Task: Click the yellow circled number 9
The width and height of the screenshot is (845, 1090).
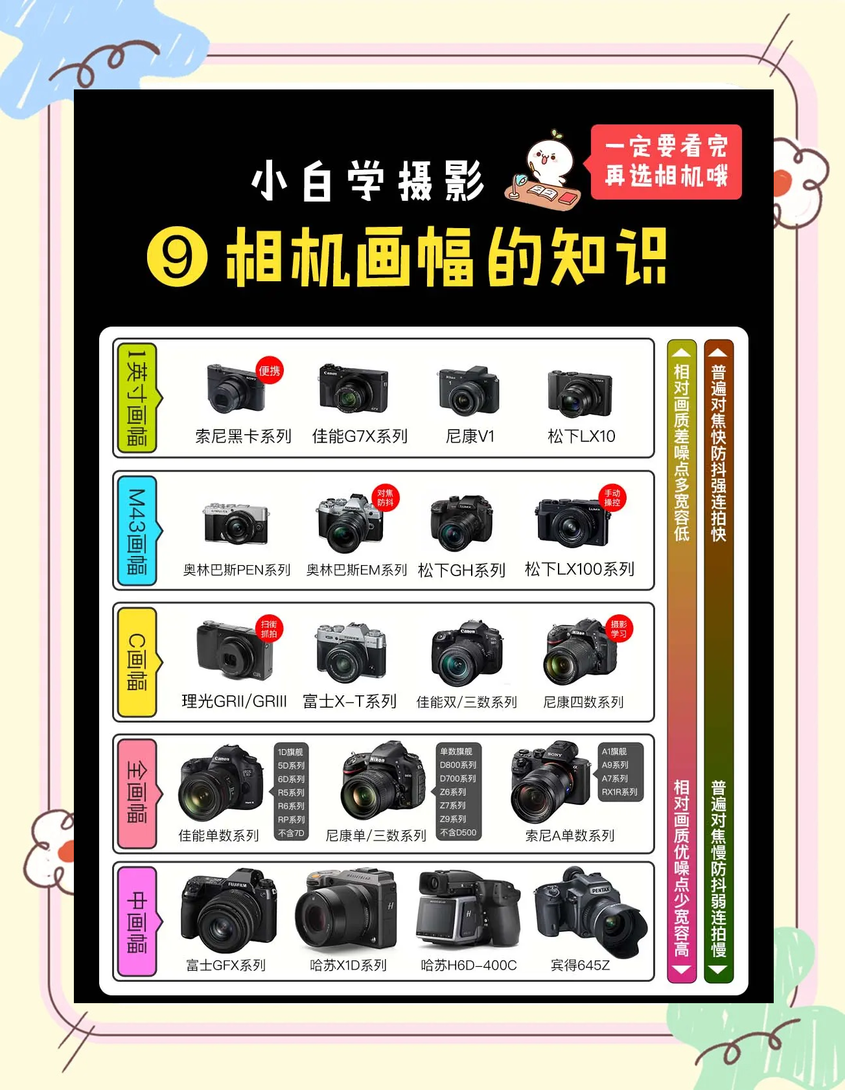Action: point(178,257)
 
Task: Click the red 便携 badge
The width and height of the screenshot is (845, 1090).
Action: point(270,371)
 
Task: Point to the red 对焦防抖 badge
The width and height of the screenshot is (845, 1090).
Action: point(386,498)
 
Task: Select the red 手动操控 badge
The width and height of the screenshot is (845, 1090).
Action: point(612,498)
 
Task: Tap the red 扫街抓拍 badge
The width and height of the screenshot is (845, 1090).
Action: point(269,629)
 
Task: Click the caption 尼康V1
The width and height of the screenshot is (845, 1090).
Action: point(470,436)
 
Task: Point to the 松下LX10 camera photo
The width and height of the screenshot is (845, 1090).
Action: point(580,393)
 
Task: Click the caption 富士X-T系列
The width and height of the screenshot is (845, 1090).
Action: point(350,701)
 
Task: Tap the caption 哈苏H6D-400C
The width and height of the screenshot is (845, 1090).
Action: point(469,965)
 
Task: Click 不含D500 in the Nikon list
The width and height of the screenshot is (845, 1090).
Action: point(458,833)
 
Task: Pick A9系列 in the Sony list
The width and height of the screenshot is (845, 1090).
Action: point(615,765)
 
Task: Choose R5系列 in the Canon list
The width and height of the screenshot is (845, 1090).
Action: point(291,793)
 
